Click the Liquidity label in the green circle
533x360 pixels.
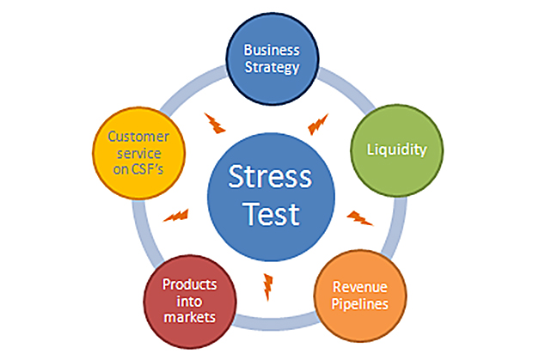396,149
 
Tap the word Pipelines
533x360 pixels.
361,304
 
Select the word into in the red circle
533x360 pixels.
189,302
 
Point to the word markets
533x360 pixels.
189,318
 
